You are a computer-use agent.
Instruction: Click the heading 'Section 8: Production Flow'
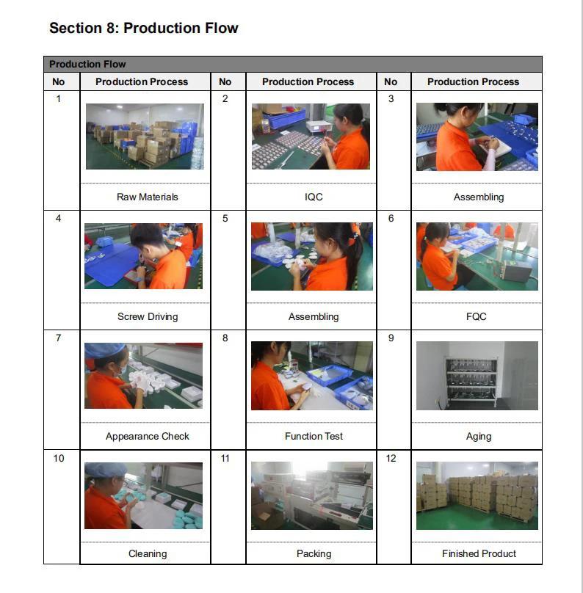click(x=144, y=28)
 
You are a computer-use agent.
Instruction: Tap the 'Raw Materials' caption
click(x=147, y=197)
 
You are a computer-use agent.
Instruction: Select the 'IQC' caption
click(x=314, y=197)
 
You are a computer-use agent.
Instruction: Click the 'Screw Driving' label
click(x=148, y=316)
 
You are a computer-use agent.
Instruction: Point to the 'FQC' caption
click(x=477, y=316)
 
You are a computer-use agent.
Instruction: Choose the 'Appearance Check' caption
click(x=147, y=436)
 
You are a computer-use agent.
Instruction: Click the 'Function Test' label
click(x=314, y=436)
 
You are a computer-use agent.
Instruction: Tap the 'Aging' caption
click(x=479, y=437)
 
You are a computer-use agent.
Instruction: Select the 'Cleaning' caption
click(x=148, y=553)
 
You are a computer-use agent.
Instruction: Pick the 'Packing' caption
click(x=314, y=553)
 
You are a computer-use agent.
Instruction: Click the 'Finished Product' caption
click(x=479, y=553)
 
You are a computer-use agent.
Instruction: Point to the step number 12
click(x=391, y=459)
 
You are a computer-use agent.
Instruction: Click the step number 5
click(x=225, y=218)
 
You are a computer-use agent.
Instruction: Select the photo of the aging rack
click(x=477, y=376)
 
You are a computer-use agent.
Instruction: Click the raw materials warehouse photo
click(x=145, y=137)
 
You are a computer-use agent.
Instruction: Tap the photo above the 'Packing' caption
click(x=312, y=495)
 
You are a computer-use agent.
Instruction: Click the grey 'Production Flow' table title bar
click(x=293, y=65)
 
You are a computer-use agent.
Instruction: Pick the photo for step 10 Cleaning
click(x=143, y=495)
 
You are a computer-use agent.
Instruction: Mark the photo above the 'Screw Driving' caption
click(x=143, y=256)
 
